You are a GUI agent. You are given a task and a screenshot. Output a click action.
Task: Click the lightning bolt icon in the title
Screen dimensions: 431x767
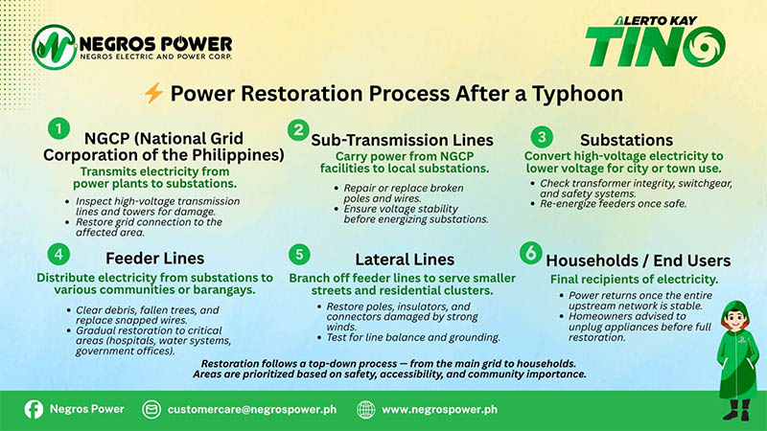point(154,94)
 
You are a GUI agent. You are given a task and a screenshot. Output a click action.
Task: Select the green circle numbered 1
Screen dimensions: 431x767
point(59,128)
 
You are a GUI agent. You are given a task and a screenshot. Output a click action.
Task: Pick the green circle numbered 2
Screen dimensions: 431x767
point(299,129)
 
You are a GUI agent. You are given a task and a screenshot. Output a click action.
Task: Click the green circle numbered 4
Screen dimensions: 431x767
point(59,255)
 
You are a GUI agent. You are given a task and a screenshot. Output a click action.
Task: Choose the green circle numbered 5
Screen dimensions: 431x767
point(300,256)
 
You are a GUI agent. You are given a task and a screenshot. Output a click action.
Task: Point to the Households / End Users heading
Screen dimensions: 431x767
point(638,261)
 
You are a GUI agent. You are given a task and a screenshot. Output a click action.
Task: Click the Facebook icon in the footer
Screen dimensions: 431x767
point(33,409)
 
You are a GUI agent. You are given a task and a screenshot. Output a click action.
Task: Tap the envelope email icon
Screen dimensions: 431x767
point(151,409)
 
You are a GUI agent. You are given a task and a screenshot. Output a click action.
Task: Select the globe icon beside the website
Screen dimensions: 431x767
point(365,409)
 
